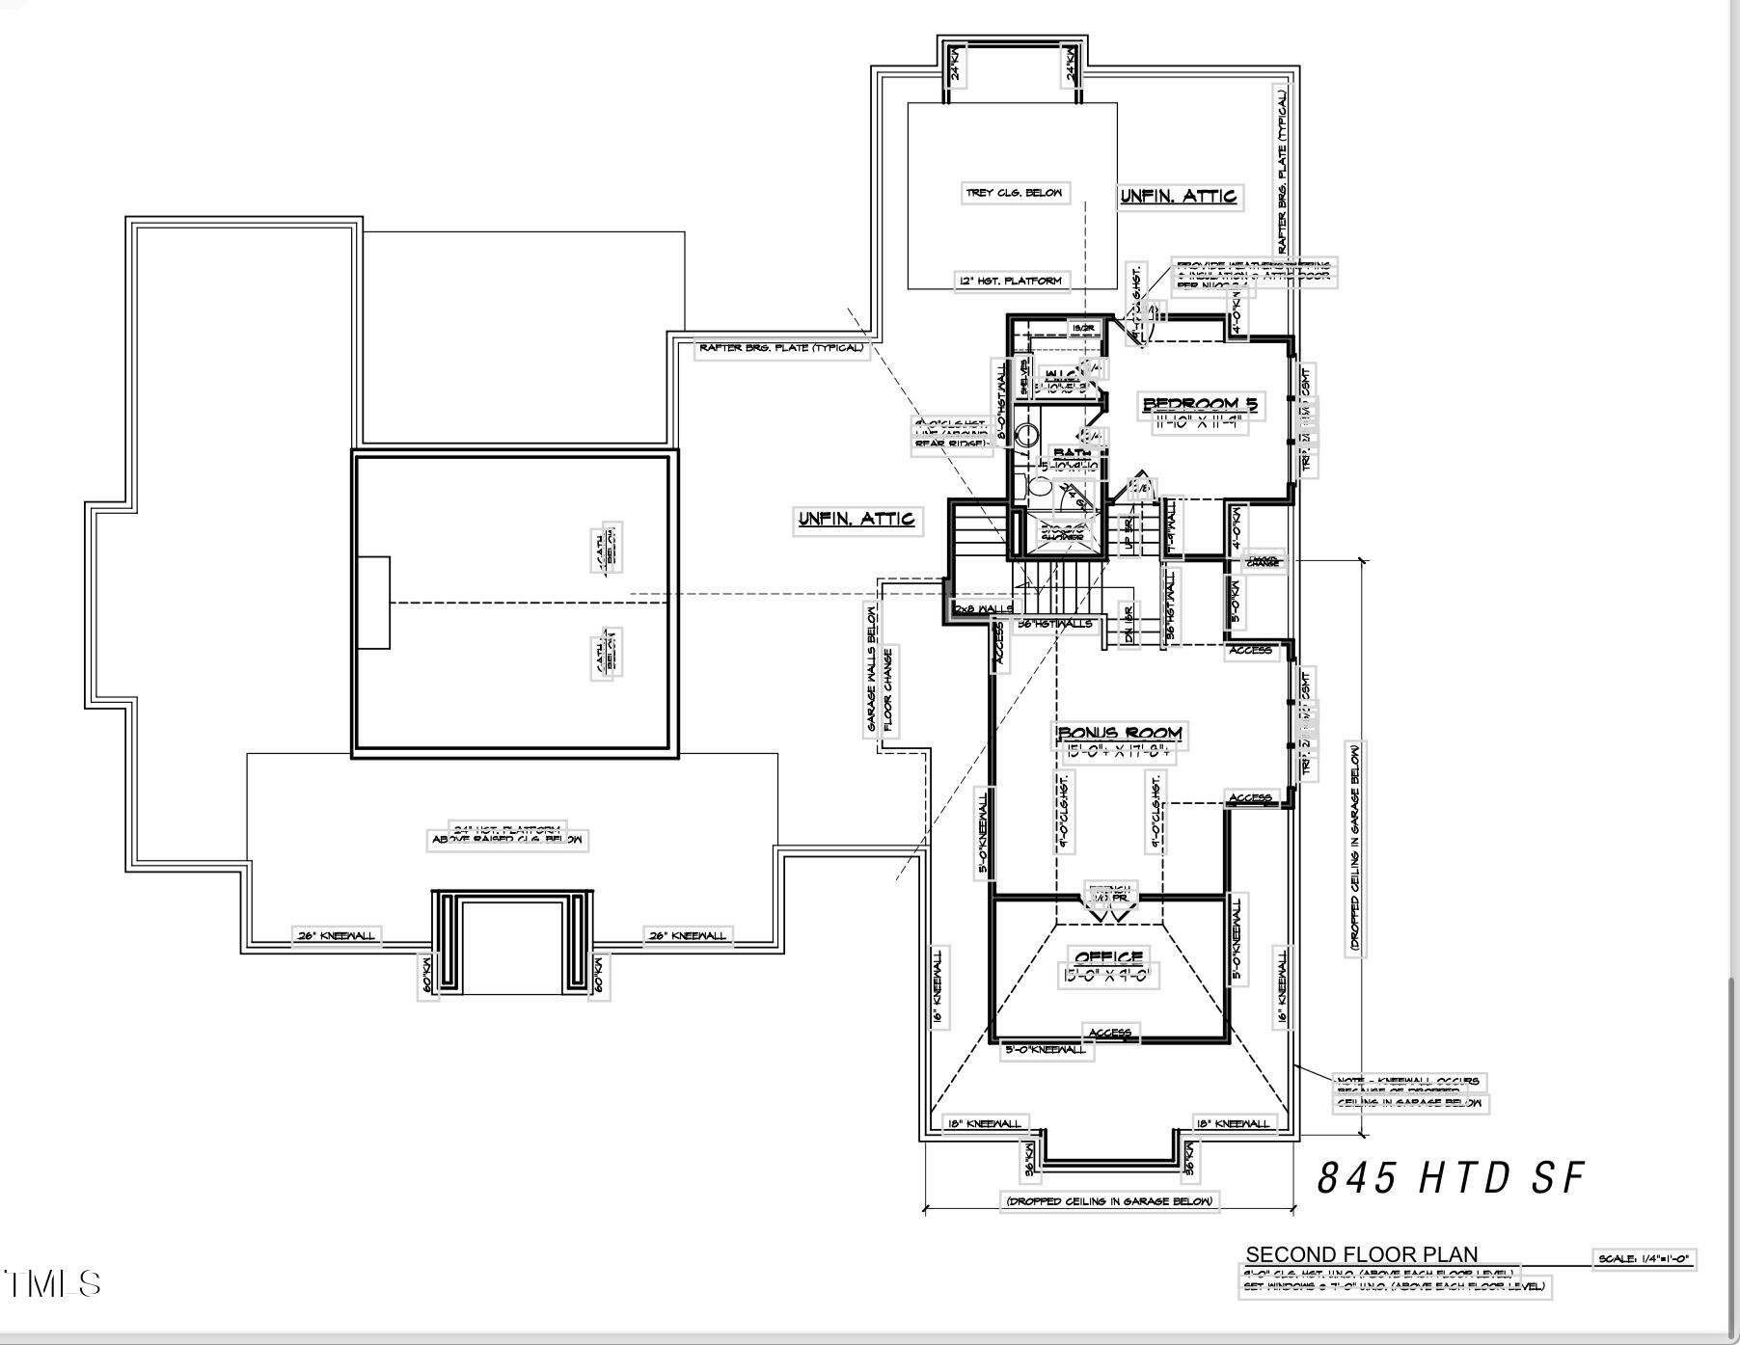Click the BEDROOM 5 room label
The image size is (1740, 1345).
tap(1200, 404)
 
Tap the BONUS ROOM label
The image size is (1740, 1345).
tap(1119, 734)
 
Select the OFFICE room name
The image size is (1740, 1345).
tap(1109, 957)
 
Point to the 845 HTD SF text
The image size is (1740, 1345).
tap(1451, 1177)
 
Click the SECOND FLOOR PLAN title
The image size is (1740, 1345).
tap(1361, 1254)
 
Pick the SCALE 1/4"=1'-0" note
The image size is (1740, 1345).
tap(1644, 1258)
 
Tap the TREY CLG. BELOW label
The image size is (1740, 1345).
tap(1014, 193)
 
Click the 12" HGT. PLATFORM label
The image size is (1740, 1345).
tap(1011, 281)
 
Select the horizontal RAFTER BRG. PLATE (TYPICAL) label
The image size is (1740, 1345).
tap(781, 348)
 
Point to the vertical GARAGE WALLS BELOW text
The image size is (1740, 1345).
tap(872, 667)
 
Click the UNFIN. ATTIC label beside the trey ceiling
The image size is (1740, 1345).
tap(1178, 197)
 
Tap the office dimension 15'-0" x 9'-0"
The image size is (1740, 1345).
tap(1105, 976)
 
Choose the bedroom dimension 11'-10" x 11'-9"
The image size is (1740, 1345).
tap(1200, 421)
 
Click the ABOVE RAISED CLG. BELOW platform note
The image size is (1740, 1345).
tap(507, 840)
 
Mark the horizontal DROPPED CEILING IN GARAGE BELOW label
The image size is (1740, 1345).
tap(1109, 1201)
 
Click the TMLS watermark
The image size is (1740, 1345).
tap(53, 1284)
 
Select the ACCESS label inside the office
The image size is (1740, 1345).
tap(1110, 1033)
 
